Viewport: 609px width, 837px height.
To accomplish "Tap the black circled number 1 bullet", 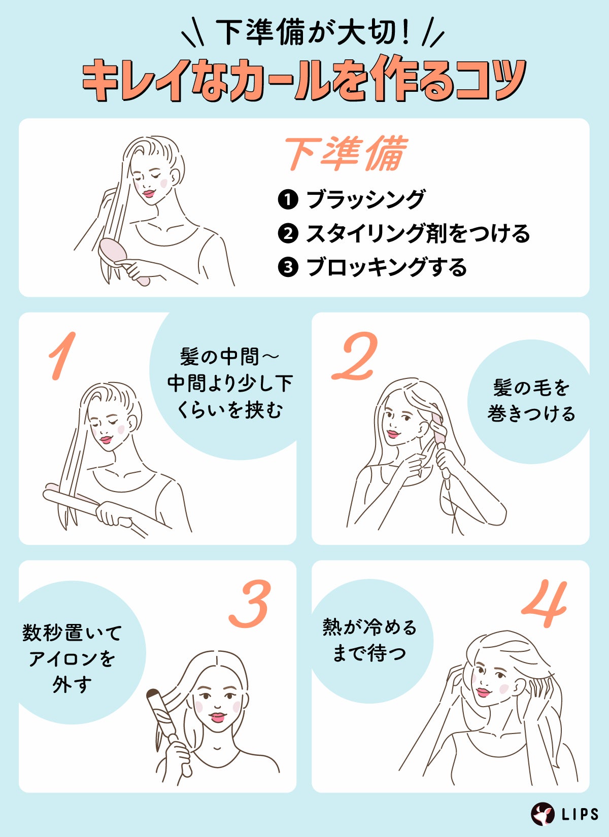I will click(288, 199).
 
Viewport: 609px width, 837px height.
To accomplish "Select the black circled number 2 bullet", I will click(288, 233).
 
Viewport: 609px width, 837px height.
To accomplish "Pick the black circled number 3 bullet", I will click(288, 267).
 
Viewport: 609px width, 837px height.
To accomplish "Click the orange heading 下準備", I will click(345, 153).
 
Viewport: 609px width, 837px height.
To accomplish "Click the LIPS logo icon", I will click(543, 814).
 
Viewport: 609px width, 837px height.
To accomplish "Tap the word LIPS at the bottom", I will click(580, 815).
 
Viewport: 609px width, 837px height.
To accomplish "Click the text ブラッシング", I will click(365, 199).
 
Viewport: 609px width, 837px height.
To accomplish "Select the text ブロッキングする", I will click(386, 267).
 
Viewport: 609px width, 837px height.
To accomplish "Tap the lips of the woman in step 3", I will click(218, 717).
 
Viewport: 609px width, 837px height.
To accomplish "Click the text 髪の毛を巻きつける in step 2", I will click(531, 401).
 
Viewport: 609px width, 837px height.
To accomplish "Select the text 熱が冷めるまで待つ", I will click(369, 640).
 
